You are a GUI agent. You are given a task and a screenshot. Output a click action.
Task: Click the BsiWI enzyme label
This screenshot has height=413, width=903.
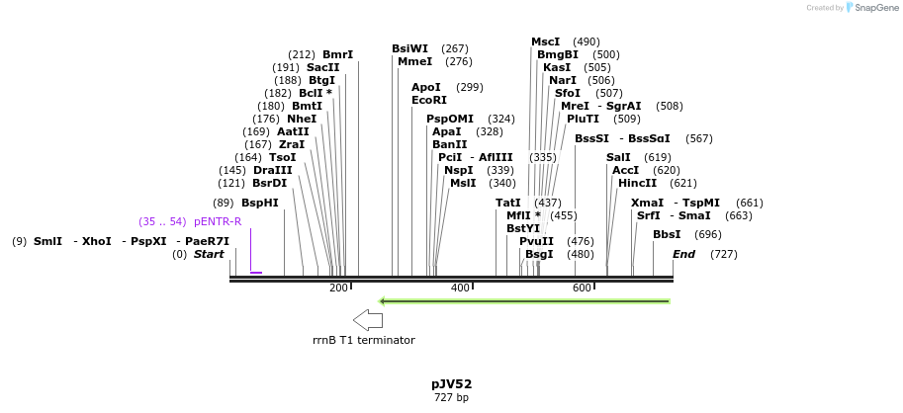click(x=409, y=48)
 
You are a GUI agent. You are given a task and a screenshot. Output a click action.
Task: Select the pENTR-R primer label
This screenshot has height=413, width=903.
click(x=218, y=221)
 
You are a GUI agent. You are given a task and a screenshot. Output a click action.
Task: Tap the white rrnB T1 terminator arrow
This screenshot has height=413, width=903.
click(x=368, y=319)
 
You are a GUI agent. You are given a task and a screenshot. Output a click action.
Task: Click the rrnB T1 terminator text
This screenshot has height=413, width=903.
click(x=363, y=340)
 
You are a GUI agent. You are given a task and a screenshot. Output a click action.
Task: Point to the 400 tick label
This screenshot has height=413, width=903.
click(x=460, y=288)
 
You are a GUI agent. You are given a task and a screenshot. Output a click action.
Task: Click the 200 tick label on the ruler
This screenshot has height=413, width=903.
click(x=338, y=288)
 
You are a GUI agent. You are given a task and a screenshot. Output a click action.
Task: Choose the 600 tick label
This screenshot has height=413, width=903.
click(x=582, y=288)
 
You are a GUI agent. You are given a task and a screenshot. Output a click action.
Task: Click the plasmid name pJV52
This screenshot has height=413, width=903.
click(x=451, y=383)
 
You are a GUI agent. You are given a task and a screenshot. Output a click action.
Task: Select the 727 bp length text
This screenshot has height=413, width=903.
click(x=451, y=397)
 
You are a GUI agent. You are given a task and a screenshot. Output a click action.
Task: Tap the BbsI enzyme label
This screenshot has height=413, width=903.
click(x=667, y=234)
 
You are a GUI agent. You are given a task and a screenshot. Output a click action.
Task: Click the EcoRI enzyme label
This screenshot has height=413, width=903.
click(x=428, y=100)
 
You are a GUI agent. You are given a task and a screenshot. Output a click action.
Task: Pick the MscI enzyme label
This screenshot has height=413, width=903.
click(x=545, y=41)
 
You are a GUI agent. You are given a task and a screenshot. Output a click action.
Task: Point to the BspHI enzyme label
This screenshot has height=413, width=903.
click(x=260, y=203)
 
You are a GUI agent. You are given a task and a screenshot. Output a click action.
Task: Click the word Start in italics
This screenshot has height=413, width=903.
click(x=209, y=254)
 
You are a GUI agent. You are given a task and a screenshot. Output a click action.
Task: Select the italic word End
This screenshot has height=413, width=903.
click(x=683, y=254)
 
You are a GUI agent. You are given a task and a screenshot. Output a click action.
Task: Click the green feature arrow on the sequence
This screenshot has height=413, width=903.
click(x=525, y=300)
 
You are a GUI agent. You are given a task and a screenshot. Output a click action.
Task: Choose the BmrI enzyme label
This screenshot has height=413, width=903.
click(x=337, y=54)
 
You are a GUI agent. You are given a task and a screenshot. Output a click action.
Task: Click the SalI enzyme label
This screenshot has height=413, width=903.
click(x=618, y=157)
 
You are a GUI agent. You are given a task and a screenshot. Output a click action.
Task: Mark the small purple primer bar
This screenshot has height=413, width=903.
click(x=256, y=273)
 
